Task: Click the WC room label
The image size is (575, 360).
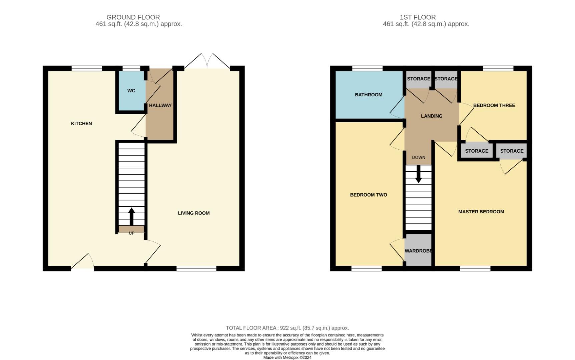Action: (x=131, y=91)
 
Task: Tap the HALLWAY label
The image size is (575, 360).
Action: (x=160, y=105)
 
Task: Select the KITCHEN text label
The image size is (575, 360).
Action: (x=81, y=123)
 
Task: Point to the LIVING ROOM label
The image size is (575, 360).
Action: (x=193, y=213)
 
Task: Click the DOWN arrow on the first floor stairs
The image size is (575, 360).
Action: (x=418, y=174)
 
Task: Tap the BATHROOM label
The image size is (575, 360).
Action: (x=369, y=95)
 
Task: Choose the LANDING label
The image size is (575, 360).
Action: (x=432, y=116)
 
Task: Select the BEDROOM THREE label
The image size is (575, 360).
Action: (x=494, y=105)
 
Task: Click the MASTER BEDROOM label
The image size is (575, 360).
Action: (x=481, y=212)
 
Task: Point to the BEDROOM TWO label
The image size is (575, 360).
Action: (x=369, y=195)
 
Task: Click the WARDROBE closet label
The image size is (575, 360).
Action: (x=418, y=251)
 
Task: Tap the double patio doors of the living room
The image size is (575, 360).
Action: (x=207, y=62)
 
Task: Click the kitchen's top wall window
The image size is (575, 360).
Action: (x=87, y=68)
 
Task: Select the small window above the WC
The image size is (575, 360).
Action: (x=131, y=68)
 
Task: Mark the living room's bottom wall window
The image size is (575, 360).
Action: (x=196, y=269)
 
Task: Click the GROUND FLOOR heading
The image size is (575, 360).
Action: (x=133, y=17)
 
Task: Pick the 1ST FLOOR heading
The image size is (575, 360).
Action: (x=418, y=17)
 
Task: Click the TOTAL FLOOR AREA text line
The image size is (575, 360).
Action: (x=287, y=328)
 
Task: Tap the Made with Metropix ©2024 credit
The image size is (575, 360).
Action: (x=287, y=358)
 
